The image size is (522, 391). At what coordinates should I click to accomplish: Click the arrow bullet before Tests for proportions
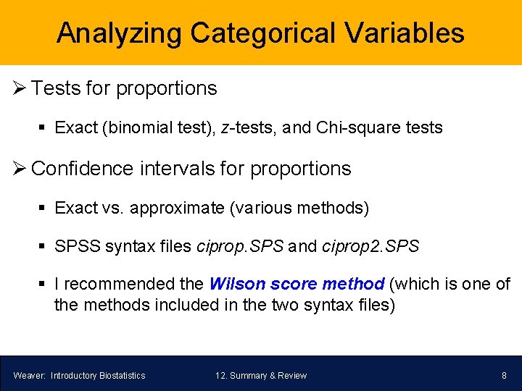pos(19,89)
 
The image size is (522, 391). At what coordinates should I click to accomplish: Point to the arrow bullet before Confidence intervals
pos(19,169)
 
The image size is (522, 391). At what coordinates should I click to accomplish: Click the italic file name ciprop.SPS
pos(240,246)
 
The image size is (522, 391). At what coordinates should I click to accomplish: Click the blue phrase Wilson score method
pos(297,284)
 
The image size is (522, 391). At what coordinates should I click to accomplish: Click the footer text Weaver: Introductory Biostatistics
pos(79,375)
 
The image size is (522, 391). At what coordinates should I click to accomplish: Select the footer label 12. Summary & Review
pos(261,375)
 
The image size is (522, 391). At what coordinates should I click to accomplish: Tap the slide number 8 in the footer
pos(504,375)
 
